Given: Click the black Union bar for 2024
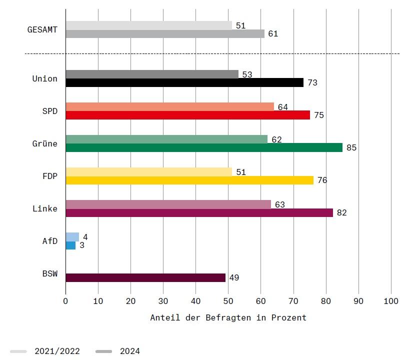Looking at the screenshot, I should (184, 83).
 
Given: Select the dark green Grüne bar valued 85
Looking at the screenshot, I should (204, 147).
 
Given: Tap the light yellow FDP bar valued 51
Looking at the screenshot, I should (148, 171).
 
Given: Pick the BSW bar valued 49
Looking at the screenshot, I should (145, 277).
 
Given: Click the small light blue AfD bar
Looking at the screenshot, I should (72, 236).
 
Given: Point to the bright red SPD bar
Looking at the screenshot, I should (187, 115).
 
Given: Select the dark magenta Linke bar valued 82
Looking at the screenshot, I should (199, 212).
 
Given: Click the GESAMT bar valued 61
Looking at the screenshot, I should (165, 34).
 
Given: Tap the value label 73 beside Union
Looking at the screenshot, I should (312, 83).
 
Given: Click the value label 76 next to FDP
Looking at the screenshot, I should (322, 180).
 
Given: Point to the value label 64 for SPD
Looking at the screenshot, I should (283, 107).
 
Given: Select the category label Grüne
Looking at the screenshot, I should (45, 144).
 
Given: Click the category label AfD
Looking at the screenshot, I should (50, 241).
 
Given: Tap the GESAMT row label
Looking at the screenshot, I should (42, 30).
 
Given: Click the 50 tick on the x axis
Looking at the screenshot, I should (228, 301).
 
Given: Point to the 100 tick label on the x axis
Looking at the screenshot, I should (391, 301).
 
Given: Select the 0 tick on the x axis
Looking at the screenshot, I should (65, 301).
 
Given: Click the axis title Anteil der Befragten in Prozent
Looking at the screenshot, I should (228, 317).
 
